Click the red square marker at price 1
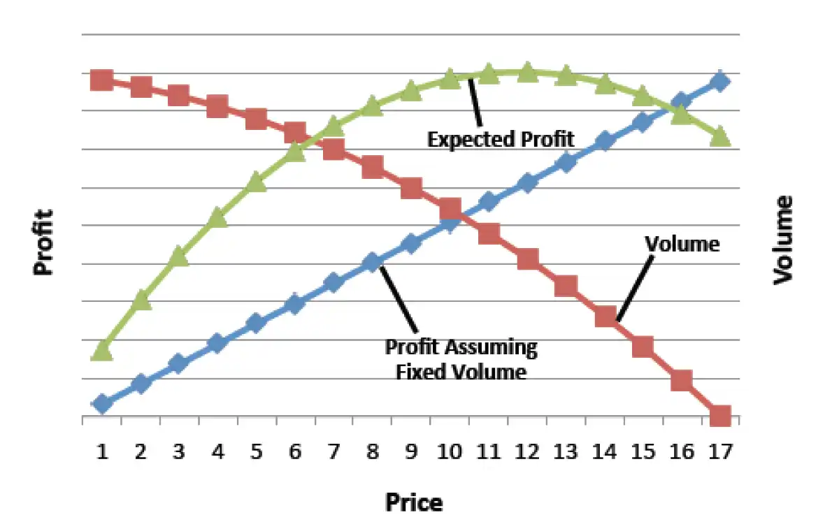coord(102,80)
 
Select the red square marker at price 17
coord(720,417)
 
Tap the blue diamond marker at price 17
coord(720,82)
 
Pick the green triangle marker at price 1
coord(102,350)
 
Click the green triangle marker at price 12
coord(527,71)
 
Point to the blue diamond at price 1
coord(102,403)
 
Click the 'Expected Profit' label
coord(501,139)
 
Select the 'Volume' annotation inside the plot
coord(682,244)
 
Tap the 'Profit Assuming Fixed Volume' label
coord(461,358)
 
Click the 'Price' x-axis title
coord(413,502)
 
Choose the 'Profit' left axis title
coord(44,242)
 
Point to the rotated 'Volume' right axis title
coord(783,240)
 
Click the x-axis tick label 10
coord(450,452)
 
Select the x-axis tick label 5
coord(256,452)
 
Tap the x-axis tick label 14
coord(605,452)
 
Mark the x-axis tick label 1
coord(102,452)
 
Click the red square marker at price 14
coord(605,317)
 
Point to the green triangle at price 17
coord(720,137)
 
